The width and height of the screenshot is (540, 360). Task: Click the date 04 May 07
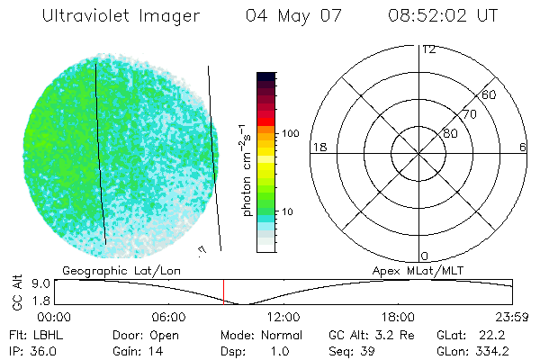(292, 16)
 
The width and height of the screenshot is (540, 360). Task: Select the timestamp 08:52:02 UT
(444, 16)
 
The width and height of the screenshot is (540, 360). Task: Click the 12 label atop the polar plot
(428, 49)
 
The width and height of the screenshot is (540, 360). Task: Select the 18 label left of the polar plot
(318, 147)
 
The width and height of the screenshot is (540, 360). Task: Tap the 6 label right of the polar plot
(523, 147)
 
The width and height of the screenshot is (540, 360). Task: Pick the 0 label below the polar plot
(425, 256)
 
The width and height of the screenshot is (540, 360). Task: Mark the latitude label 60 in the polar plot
(490, 95)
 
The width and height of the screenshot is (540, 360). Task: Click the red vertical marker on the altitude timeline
(223, 291)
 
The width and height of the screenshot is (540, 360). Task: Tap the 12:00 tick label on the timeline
(283, 317)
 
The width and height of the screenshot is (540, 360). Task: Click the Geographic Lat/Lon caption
(108, 270)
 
